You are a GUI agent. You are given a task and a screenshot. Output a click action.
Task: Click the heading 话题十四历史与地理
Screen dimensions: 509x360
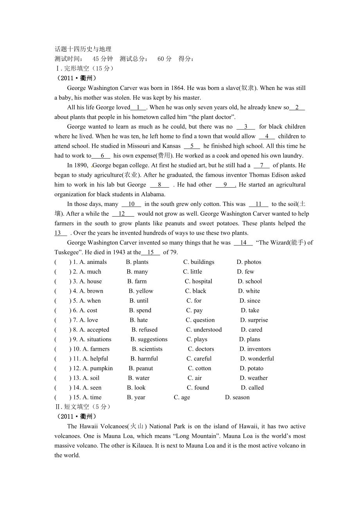[83, 49]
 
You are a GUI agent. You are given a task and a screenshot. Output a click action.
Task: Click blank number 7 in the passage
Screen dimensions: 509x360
[261, 165]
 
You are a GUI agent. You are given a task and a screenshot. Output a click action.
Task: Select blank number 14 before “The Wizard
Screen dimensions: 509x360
[243, 243]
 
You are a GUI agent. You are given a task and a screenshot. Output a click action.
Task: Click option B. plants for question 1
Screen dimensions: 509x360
[137, 262]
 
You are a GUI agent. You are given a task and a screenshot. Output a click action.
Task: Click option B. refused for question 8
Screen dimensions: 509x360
[144, 330]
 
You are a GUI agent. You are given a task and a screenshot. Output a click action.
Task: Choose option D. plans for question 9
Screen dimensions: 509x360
[250, 339]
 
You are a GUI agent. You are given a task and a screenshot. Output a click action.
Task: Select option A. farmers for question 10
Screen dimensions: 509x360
[96, 349]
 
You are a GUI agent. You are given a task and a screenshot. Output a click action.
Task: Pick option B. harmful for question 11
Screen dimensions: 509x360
[144, 358]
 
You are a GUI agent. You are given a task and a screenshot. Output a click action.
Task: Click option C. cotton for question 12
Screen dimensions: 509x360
[200, 368]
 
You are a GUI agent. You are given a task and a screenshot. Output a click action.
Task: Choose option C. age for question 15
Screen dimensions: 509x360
[182, 398]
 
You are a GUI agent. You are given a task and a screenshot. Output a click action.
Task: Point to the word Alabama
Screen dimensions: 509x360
[153, 194]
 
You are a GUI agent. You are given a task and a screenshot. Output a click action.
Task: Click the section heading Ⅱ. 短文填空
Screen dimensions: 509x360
[83, 407]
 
